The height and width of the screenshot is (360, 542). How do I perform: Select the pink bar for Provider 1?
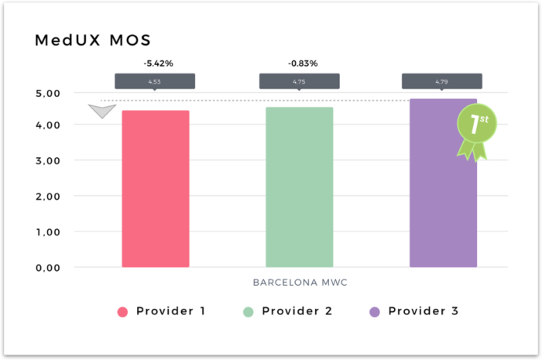pyautogui.click(x=155, y=189)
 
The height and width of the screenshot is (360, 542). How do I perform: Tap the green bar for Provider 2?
pyautogui.click(x=299, y=187)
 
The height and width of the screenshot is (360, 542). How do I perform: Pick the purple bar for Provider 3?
pyautogui.click(x=443, y=186)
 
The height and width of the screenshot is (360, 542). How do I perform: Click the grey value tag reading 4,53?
pyautogui.click(x=155, y=81)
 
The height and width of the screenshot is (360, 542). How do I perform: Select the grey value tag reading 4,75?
pyautogui.click(x=299, y=81)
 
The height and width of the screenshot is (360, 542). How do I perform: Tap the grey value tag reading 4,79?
pyautogui.click(x=442, y=81)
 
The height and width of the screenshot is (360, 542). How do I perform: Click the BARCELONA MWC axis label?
pyautogui.click(x=300, y=283)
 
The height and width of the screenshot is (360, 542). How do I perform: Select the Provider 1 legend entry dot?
pyautogui.click(x=122, y=312)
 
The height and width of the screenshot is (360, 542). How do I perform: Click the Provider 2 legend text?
pyautogui.click(x=297, y=311)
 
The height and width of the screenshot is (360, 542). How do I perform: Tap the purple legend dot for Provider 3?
pyautogui.click(x=375, y=312)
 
